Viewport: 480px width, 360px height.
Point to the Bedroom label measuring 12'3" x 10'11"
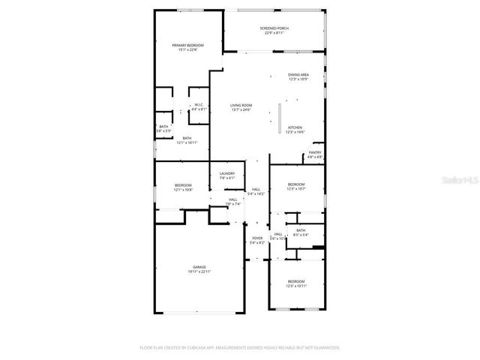pyautogui.click(x=296, y=283)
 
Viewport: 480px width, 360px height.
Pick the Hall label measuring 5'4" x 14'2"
pyautogui.click(x=256, y=191)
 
